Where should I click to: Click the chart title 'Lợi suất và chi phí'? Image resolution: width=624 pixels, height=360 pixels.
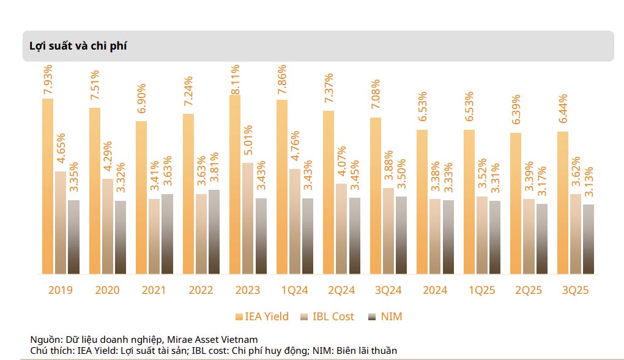point(78,46)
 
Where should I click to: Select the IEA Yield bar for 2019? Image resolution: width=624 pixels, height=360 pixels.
point(48,186)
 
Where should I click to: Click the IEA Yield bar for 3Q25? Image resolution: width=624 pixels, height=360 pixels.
point(562,203)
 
